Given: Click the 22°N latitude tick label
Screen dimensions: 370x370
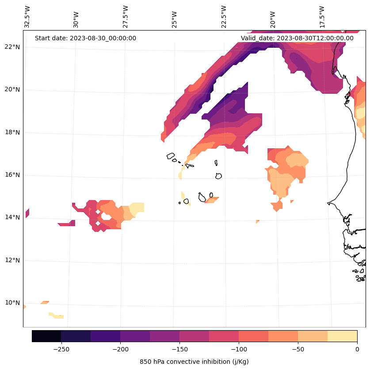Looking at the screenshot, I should (x=12, y=47).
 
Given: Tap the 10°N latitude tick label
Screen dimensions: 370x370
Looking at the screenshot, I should (x=12, y=303).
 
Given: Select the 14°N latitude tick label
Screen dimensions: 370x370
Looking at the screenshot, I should (x=12, y=217).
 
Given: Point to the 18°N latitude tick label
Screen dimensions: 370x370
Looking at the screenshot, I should (x=12, y=132).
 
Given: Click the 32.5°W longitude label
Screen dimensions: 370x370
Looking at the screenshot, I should (x=27, y=17).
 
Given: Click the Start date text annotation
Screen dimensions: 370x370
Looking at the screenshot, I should (x=85, y=38).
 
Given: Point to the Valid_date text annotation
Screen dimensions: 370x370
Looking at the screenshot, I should (x=297, y=38).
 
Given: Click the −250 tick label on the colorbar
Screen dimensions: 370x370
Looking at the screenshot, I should (x=61, y=349).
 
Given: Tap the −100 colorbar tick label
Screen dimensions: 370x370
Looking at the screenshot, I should (x=239, y=349).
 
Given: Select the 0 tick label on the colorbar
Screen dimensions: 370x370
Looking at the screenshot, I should (x=357, y=349).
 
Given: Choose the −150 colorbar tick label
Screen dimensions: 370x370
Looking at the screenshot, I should (x=179, y=349).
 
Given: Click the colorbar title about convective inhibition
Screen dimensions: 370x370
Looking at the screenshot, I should (x=194, y=362).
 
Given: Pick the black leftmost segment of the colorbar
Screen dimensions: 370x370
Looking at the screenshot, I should (x=46, y=336).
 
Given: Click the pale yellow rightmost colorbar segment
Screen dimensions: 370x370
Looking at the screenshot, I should (x=343, y=336).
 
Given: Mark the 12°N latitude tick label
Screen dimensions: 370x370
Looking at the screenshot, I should (x=12, y=260).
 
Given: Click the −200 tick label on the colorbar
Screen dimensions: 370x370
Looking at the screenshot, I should (x=120, y=349).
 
